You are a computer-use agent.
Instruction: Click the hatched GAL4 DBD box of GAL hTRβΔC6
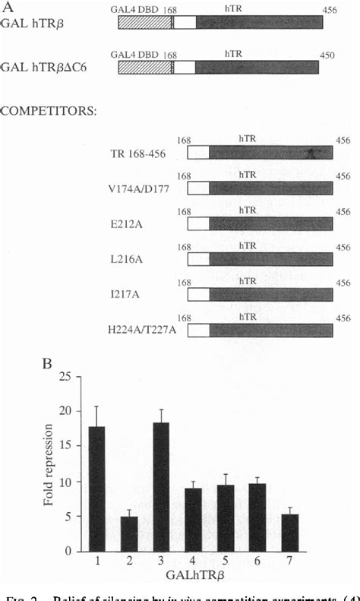145,68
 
